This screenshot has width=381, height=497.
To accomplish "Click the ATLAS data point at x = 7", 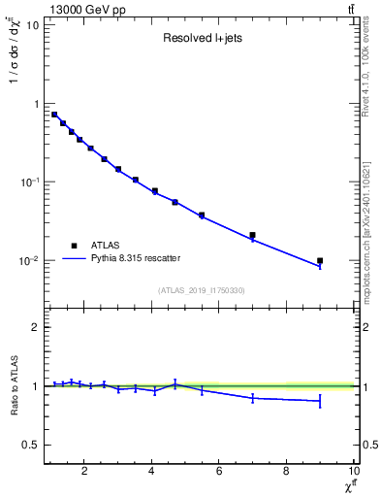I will pos(252,235).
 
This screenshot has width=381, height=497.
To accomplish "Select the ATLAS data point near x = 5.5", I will pos(202,215).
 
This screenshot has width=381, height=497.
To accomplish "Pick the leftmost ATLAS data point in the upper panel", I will pos(54,115).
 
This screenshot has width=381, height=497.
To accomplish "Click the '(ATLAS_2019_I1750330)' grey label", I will pos(200,290).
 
